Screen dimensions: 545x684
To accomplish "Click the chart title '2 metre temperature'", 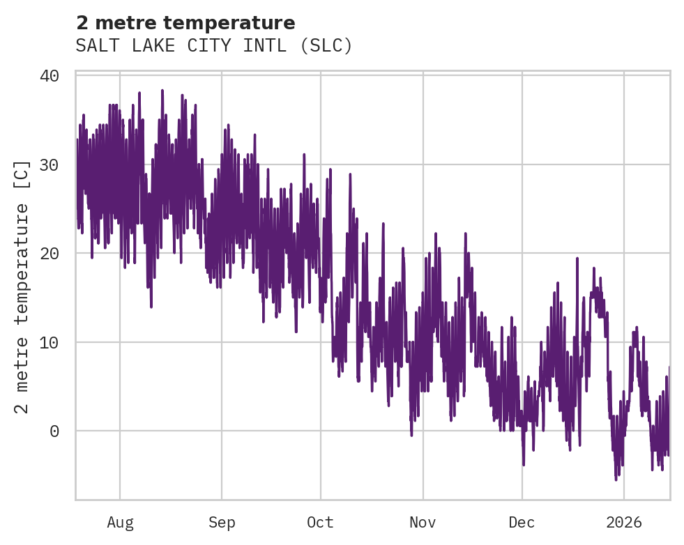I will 185,23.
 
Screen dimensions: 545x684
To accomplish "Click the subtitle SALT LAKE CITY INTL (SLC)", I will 214,46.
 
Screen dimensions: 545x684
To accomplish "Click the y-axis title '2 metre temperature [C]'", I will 22,286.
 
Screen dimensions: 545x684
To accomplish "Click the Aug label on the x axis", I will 120,523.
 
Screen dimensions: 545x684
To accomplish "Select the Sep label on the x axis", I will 222,523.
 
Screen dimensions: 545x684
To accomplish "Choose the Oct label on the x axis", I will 321,523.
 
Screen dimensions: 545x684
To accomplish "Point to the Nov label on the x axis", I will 423,523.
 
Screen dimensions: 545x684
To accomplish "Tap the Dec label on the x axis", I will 522,523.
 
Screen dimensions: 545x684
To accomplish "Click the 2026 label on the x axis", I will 623,523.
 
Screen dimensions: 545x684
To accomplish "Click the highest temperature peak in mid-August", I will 162,91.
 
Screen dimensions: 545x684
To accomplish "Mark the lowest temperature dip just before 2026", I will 616,479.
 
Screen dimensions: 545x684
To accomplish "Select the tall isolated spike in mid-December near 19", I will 577,259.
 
